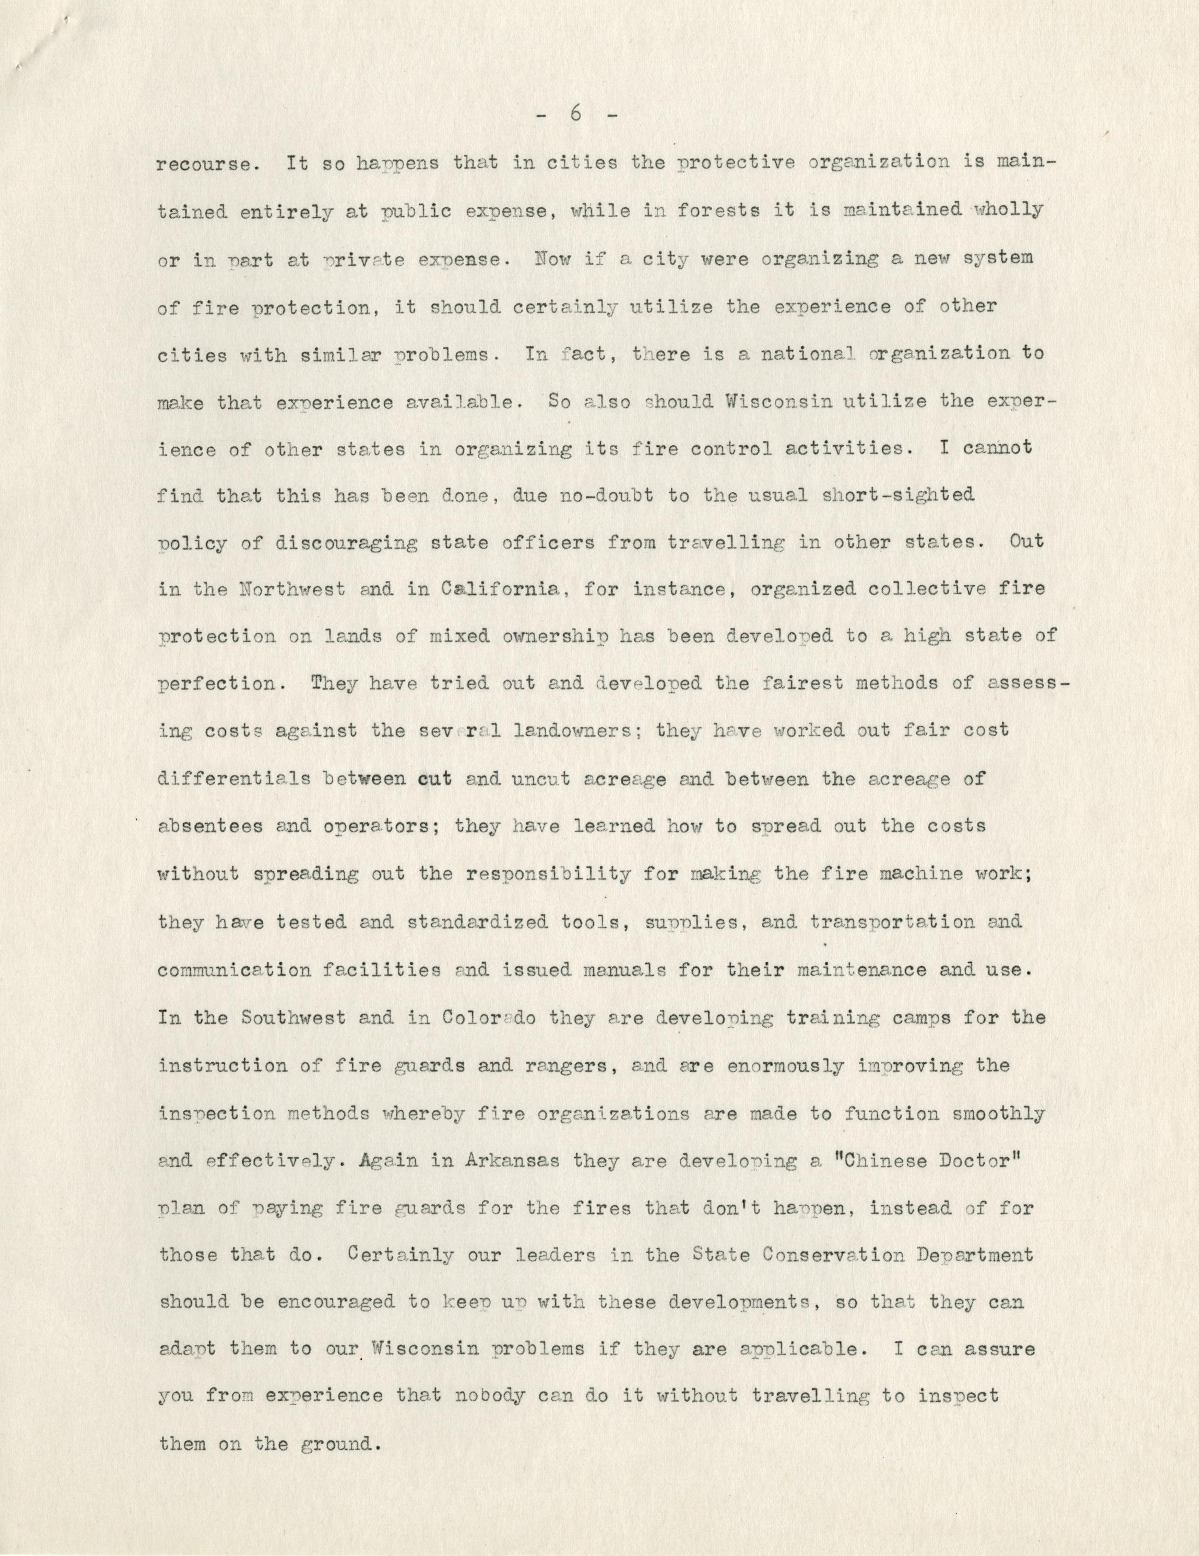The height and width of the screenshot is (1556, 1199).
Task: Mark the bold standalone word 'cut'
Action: tap(435, 779)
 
